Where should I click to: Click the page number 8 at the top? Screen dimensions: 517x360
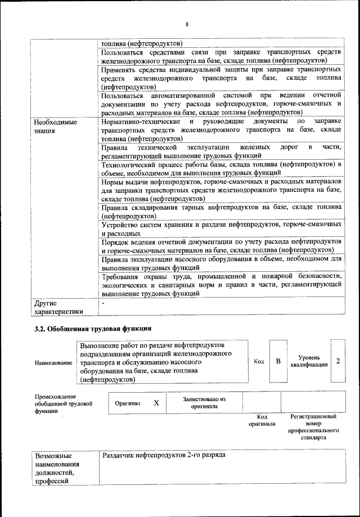187,24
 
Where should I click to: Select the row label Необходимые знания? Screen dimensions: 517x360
54,127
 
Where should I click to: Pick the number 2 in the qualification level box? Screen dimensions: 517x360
338,361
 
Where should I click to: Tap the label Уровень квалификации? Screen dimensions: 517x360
309,361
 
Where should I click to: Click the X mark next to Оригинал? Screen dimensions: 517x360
156,403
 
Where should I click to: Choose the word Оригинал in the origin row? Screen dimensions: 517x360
127,403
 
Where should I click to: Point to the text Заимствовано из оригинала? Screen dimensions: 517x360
204,402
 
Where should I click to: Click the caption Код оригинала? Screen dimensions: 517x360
262,420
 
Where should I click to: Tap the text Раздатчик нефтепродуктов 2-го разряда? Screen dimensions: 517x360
163,455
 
